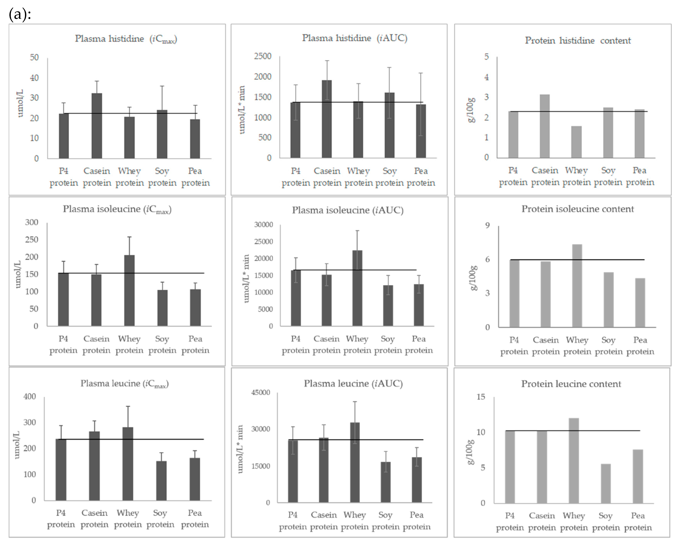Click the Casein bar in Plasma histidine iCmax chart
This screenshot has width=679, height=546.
[x=97, y=126]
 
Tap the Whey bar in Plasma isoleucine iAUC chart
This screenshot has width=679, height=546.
[x=357, y=288]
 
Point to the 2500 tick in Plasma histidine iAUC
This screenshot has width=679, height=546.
[x=263, y=56]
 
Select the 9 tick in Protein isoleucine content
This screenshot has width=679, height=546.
[x=487, y=225]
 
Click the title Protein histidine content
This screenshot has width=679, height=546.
[x=578, y=41]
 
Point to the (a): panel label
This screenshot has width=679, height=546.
[x=20, y=14]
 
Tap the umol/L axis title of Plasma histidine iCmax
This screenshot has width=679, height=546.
[x=20, y=103]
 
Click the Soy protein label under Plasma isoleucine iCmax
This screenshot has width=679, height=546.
[x=162, y=345]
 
